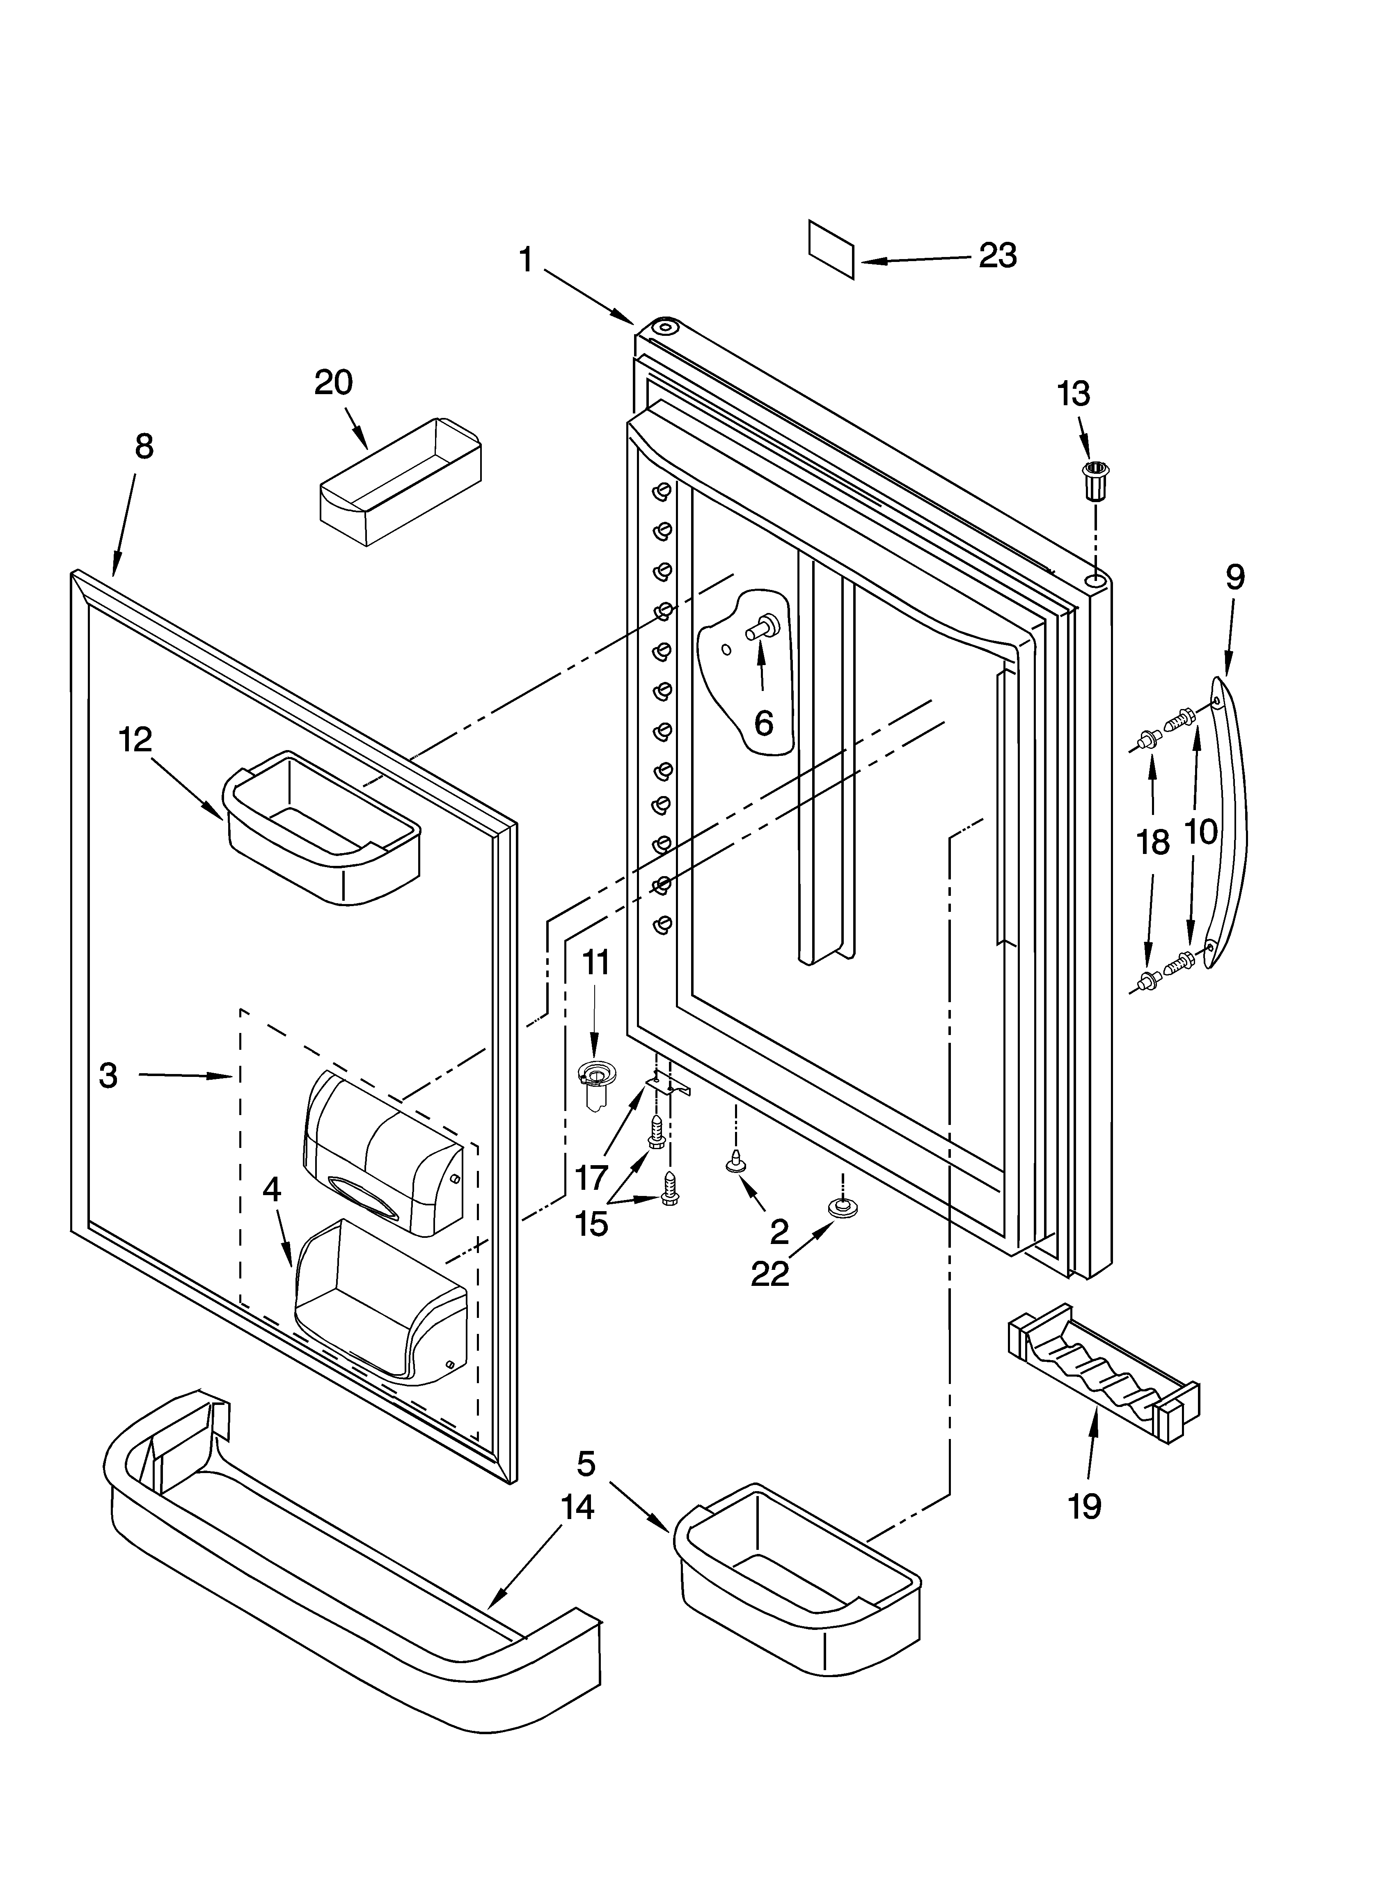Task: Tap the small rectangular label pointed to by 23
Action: [x=831, y=248]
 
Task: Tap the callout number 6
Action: [x=763, y=723]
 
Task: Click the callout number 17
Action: [x=591, y=1178]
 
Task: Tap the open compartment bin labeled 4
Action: [x=381, y=1304]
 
